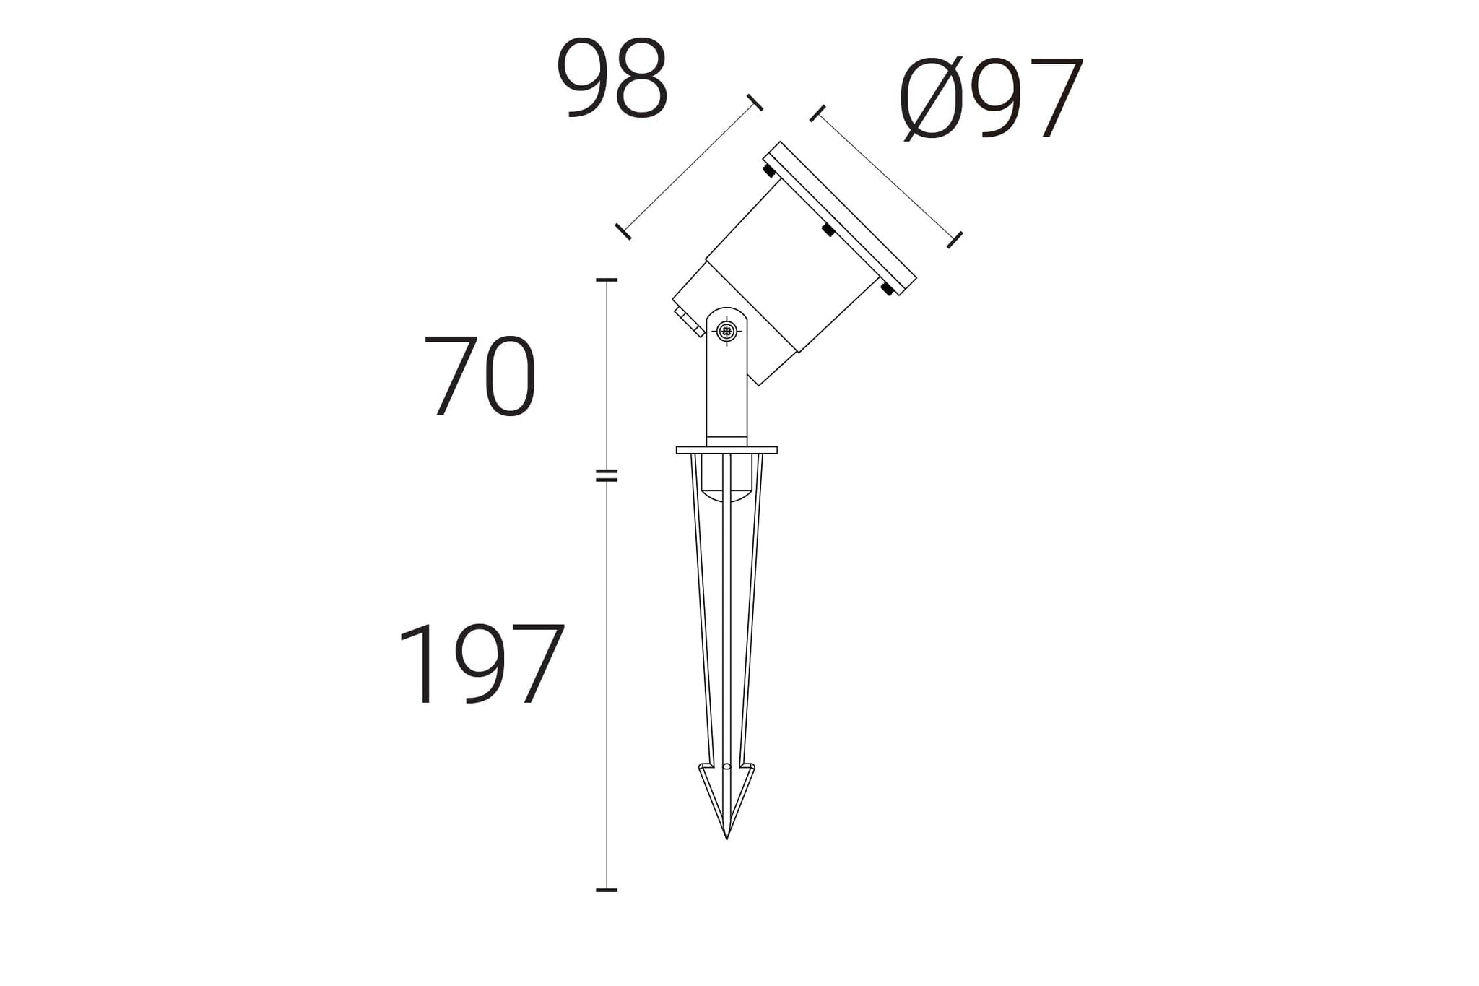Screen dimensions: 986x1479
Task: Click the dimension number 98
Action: tap(612, 79)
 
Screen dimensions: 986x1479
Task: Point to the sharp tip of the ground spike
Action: tap(727, 836)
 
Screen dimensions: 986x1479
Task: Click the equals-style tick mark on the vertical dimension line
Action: tap(607, 475)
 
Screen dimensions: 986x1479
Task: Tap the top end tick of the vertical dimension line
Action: tap(607, 280)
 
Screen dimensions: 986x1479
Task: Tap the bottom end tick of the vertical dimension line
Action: tap(607, 890)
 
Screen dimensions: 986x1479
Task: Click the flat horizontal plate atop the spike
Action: tap(727, 450)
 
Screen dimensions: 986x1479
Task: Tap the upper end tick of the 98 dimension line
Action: tap(755, 103)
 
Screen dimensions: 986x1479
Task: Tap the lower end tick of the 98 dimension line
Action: tap(623, 231)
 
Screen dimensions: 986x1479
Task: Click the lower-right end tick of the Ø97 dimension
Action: tap(955, 240)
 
